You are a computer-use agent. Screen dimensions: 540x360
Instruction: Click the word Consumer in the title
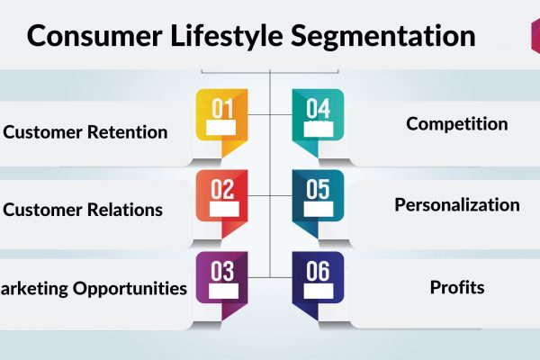click(x=94, y=35)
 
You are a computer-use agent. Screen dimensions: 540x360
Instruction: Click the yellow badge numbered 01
click(x=221, y=122)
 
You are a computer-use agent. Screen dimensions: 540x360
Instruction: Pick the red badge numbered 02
click(x=221, y=203)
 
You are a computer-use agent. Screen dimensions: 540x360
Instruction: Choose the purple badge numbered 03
click(x=221, y=285)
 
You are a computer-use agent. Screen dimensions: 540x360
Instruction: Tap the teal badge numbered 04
click(x=318, y=122)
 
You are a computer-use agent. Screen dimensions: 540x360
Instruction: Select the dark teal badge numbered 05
click(x=318, y=203)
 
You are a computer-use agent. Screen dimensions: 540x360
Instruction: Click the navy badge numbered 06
click(x=318, y=285)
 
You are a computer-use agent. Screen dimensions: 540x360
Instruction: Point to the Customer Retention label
click(x=85, y=132)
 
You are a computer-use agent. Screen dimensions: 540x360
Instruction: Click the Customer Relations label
click(x=83, y=210)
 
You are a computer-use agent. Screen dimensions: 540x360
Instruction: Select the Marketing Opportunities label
click(x=94, y=289)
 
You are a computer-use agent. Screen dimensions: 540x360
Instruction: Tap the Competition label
click(x=456, y=124)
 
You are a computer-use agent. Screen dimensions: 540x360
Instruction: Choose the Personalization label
click(x=457, y=204)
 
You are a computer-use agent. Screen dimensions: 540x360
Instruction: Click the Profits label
click(x=457, y=287)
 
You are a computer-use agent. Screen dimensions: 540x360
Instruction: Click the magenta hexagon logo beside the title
click(x=535, y=36)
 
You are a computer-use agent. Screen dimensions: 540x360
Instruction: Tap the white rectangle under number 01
click(x=221, y=128)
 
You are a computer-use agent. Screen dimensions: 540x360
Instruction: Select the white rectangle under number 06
click(x=319, y=291)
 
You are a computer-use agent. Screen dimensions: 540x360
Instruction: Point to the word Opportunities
click(x=130, y=289)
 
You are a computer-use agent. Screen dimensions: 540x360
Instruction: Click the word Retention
click(x=127, y=132)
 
